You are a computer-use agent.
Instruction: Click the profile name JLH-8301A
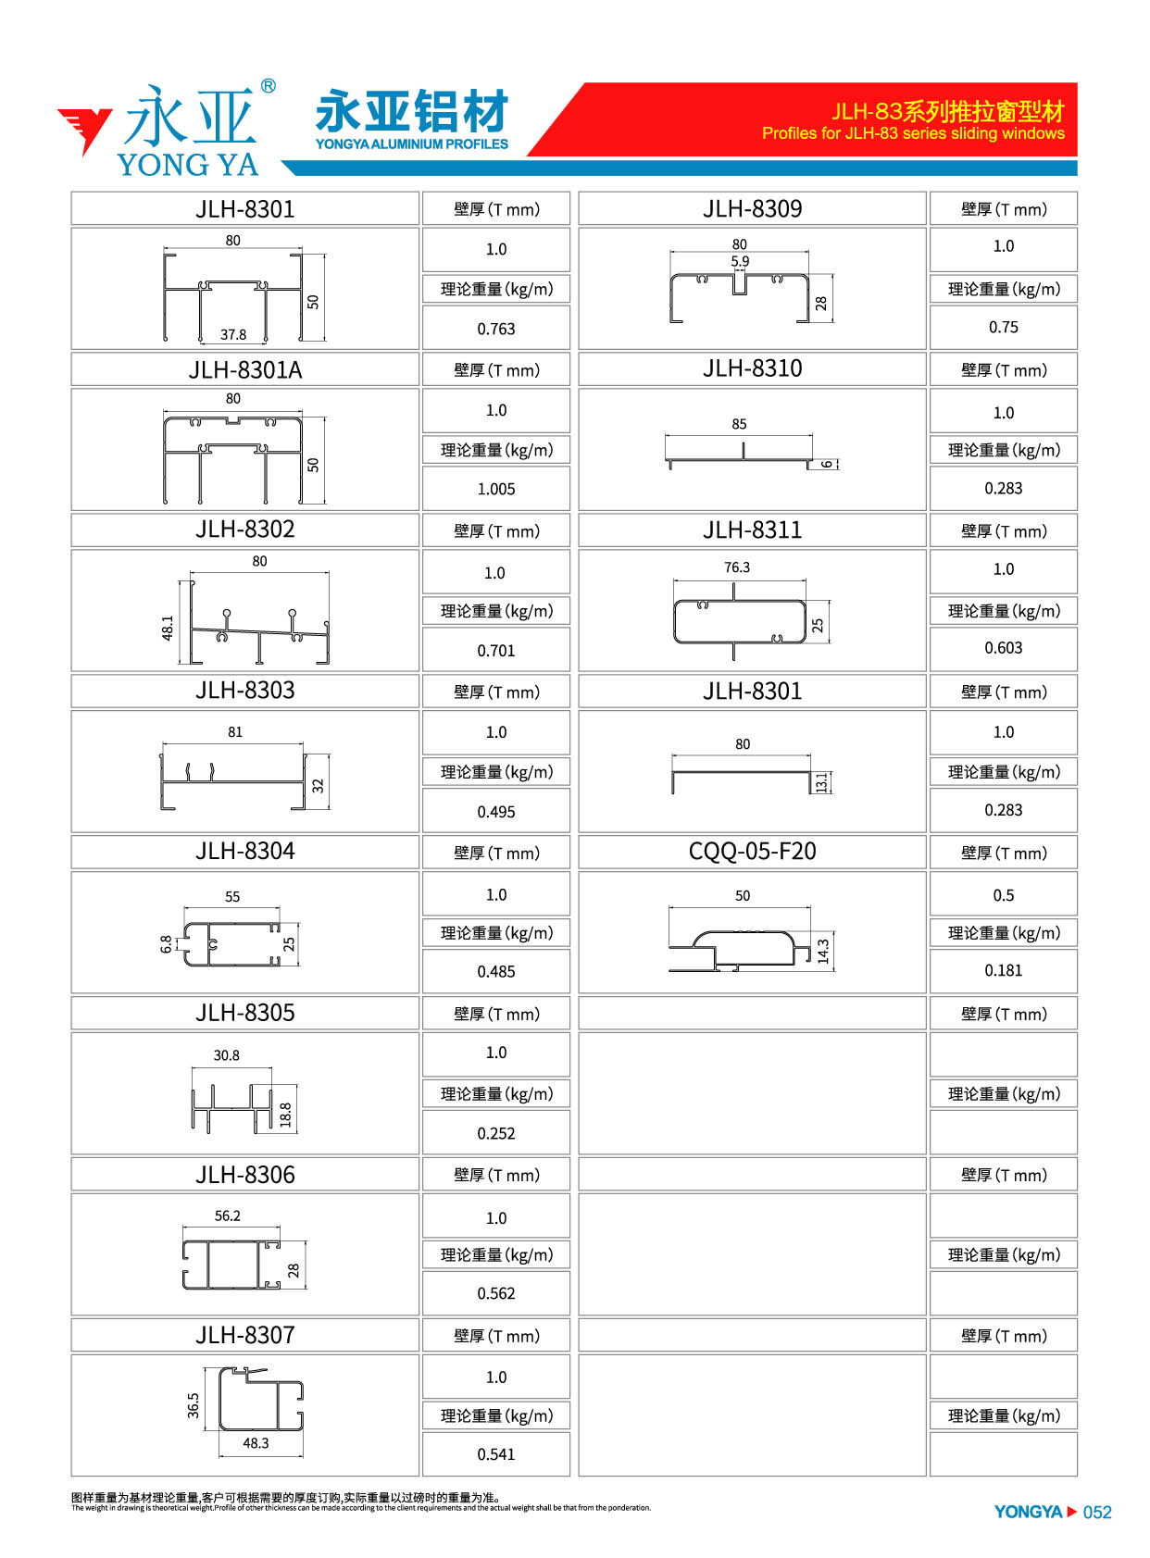click(x=244, y=369)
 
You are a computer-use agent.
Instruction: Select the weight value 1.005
click(x=495, y=489)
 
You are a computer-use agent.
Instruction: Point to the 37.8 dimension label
click(x=233, y=334)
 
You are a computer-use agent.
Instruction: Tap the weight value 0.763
click(x=495, y=329)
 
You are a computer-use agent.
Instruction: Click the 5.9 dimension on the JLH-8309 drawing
click(x=739, y=261)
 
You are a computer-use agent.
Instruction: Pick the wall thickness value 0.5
click(x=1003, y=895)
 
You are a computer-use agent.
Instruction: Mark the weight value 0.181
click(x=1003, y=970)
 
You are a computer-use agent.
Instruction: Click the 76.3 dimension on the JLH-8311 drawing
click(x=736, y=567)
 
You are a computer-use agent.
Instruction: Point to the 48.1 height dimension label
click(x=168, y=628)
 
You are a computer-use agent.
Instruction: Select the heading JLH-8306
click(x=244, y=1175)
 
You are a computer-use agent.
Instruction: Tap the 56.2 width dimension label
click(x=227, y=1215)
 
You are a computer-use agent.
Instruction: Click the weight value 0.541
click(x=495, y=1454)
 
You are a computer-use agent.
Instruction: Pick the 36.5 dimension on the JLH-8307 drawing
click(x=194, y=1405)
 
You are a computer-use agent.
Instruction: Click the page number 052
click(x=1096, y=1513)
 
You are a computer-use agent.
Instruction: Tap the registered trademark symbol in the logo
click(x=268, y=86)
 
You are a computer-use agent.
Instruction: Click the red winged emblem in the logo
click(x=83, y=130)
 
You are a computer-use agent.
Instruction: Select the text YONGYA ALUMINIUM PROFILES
click(x=412, y=144)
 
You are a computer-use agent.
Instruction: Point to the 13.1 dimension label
click(x=820, y=782)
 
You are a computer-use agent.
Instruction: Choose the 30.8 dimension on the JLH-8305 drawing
click(x=226, y=1055)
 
